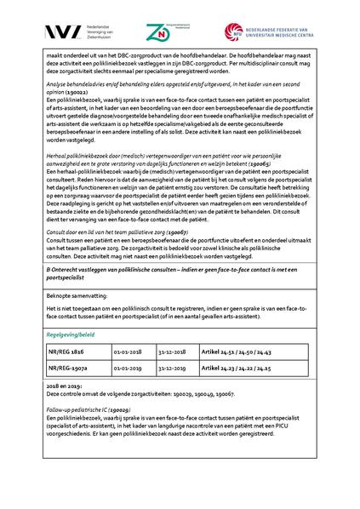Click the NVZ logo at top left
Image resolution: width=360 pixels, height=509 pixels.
pyautogui.click(x=43, y=31)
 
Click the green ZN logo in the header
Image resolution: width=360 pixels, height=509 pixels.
pyautogui.click(x=158, y=31)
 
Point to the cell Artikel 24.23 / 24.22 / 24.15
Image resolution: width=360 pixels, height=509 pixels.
pyautogui.click(x=244, y=369)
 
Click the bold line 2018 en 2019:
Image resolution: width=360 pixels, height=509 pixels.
pyautogui.click(x=64, y=386)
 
